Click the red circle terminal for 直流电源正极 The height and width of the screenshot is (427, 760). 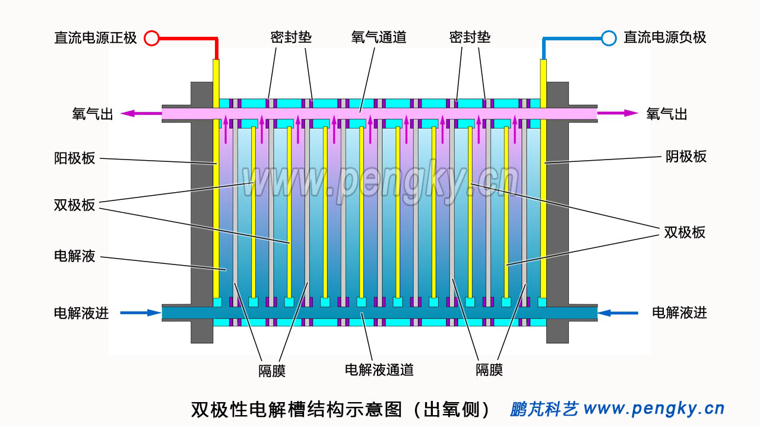(x=152, y=39)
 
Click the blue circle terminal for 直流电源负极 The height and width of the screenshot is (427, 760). (x=609, y=39)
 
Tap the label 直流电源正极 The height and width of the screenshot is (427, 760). (x=96, y=38)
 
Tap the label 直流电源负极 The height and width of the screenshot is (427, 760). (x=665, y=37)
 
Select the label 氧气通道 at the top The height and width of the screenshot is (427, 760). (x=379, y=37)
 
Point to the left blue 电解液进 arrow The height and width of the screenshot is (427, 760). (x=141, y=313)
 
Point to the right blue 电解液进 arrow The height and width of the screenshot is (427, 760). (x=617, y=313)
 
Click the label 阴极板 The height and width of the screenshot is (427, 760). (x=686, y=157)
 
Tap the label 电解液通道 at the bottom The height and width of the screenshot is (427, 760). (x=379, y=370)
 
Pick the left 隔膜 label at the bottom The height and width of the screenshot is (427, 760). (x=272, y=371)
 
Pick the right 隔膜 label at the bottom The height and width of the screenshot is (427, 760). (x=489, y=370)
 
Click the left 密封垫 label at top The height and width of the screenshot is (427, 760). (x=291, y=37)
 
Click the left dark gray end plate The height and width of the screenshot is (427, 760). (x=202, y=213)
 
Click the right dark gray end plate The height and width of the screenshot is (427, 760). (x=557, y=213)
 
